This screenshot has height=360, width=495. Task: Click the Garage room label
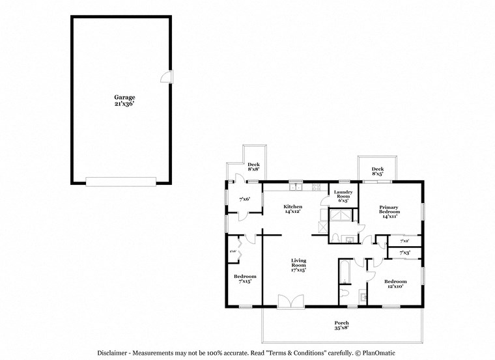120,100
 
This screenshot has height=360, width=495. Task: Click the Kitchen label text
292,209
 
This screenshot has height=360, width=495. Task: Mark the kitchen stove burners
316,187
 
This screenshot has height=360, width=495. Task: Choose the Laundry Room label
343,196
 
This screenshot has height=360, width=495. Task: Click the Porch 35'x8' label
341,325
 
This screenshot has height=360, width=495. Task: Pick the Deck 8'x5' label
377,171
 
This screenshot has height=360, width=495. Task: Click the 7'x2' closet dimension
404,240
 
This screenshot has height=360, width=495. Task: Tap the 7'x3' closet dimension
404,252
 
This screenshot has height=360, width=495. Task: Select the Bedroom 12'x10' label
395,283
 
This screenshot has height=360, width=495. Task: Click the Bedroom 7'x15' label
245,279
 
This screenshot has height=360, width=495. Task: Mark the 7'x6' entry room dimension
245,199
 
